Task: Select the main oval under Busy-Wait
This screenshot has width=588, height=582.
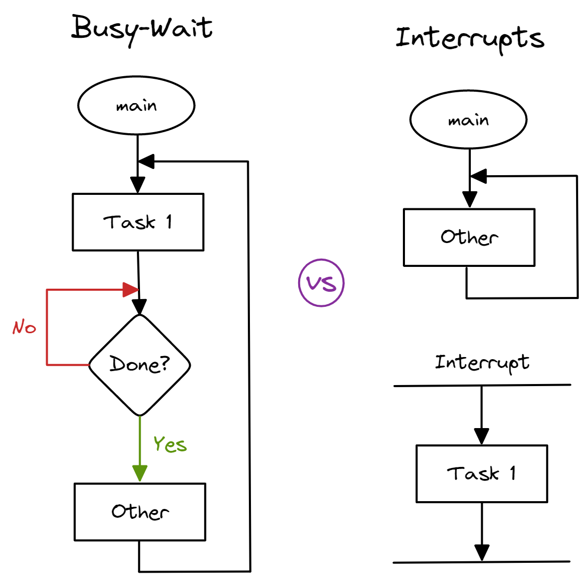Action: tap(136, 106)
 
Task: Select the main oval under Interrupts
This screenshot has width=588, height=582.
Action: tap(468, 120)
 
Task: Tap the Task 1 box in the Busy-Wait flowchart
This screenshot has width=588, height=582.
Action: tap(138, 222)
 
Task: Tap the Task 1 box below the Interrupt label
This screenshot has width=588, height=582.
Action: tap(482, 474)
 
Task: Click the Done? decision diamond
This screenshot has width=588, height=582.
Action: tap(139, 365)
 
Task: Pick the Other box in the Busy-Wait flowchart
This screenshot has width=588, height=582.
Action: tap(140, 512)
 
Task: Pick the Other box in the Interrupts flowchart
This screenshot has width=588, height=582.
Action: tap(469, 237)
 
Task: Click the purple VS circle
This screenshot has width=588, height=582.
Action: tap(321, 283)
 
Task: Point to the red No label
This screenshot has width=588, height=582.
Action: tap(24, 328)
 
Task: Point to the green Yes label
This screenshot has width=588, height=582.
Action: tap(170, 444)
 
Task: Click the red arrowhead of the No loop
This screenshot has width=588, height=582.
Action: tap(131, 290)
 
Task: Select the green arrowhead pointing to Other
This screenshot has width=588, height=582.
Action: tap(139, 473)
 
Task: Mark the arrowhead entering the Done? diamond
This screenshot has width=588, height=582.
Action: tap(139, 307)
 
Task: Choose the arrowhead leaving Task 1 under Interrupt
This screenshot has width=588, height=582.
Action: tap(482, 552)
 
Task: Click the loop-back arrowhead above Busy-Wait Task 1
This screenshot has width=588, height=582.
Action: tap(146, 162)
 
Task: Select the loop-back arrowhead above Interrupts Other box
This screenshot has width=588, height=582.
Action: tap(478, 176)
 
